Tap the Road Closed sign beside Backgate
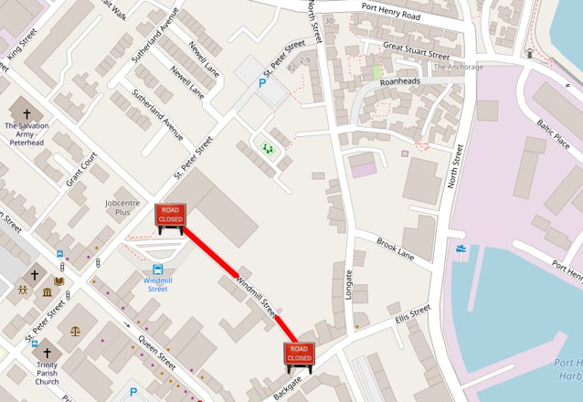tap(299, 354)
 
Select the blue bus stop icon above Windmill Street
tap(158, 270)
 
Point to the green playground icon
tap(268, 146)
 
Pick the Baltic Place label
tap(554, 133)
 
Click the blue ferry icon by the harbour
tap(459, 248)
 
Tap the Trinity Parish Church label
tap(47, 374)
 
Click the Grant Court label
tap(81, 169)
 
